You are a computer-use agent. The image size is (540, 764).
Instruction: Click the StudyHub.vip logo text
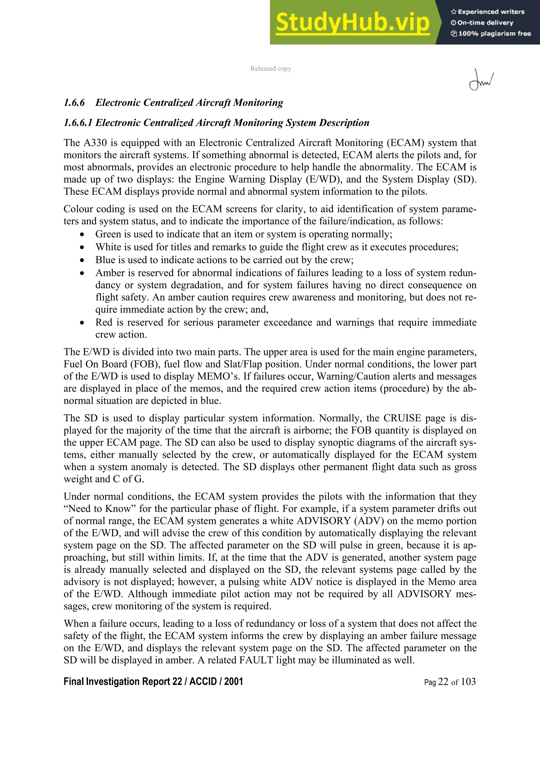tap(352, 23)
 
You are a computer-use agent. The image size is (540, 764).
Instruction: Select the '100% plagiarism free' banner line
tap(491, 33)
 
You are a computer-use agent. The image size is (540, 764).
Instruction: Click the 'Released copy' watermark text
tap(271, 69)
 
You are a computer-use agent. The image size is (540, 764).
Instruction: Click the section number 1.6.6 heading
tap(74, 103)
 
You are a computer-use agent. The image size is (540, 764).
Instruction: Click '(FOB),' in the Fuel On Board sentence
tap(145, 364)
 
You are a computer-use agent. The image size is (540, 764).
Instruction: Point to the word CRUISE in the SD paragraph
tap(402, 418)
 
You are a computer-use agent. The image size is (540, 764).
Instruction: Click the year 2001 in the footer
tap(234, 681)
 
